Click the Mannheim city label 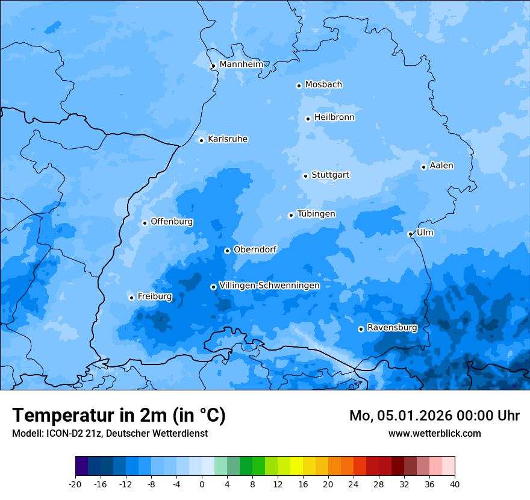click(x=241, y=64)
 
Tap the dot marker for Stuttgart click(x=305, y=176)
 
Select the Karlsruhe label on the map click(x=228, y=139)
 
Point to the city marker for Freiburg click(x=131, y=298)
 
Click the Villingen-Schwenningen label click(x=269, y=286)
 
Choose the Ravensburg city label click(x=392, y=328)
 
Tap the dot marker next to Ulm click(x=410, y=234)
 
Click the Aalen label click(x=441, y=166)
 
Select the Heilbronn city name click(x=334, y=117)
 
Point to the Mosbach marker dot click(x=299, y=86)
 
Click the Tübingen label click(x=316, y=214)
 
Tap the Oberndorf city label click(x=255, y=249)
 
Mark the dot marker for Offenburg click(x=145, y=223)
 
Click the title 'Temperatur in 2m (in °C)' click(x=119, y=416)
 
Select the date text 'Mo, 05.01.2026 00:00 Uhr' click(x=434, y=416)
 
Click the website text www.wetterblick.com click(x=434, y=433)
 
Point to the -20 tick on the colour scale click(x=75, y=484)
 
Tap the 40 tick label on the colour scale click(x=454, y=484)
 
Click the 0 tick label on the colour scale click(x=202, y=484)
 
